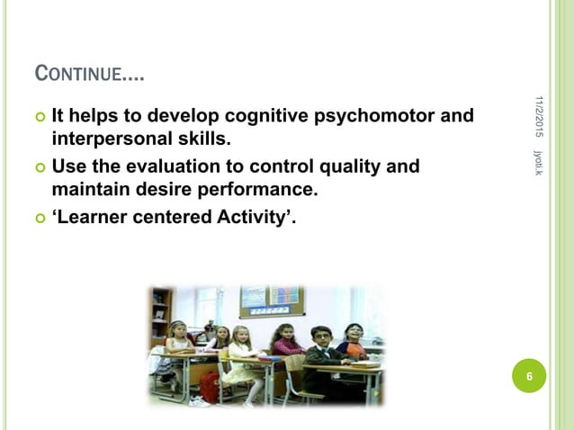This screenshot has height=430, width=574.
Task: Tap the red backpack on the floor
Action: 210,387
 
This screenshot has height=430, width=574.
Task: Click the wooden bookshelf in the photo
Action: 161,314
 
